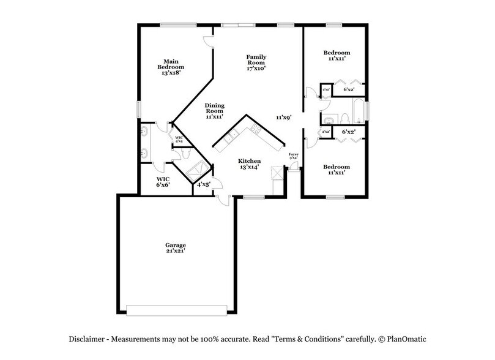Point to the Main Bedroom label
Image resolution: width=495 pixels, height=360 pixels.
tap(171, 67)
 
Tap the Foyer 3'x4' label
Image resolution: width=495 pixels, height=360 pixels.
tap(293, 156)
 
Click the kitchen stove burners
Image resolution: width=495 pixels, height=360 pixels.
tap(255, 128)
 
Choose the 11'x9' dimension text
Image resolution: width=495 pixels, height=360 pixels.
tap(283, 117)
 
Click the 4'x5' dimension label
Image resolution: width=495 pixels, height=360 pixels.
tap(203, 183)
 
